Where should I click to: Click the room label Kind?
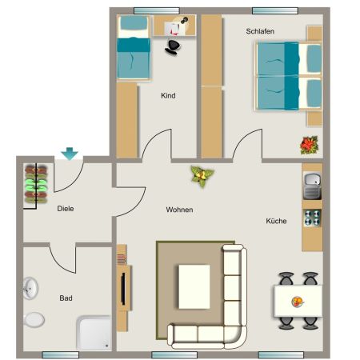[168, 96]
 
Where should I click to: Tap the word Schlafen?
[261, 31]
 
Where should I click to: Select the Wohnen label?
[179, 210]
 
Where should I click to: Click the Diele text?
[66, 209]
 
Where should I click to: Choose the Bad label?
[66, 298]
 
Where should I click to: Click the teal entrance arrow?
[70, 153]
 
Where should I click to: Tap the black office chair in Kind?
[174, 46]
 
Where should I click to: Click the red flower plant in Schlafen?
[307, 145]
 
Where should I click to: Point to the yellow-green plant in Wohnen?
[199, 176]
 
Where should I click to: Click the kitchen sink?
[312, 189]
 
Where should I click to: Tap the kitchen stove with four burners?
[312, 217]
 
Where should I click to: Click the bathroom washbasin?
[31, 287]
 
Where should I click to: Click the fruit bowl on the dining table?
[298, 302]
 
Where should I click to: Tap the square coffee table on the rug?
[194, 286]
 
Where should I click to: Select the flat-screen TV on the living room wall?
[124, 288]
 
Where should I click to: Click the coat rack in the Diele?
[34, 185]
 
